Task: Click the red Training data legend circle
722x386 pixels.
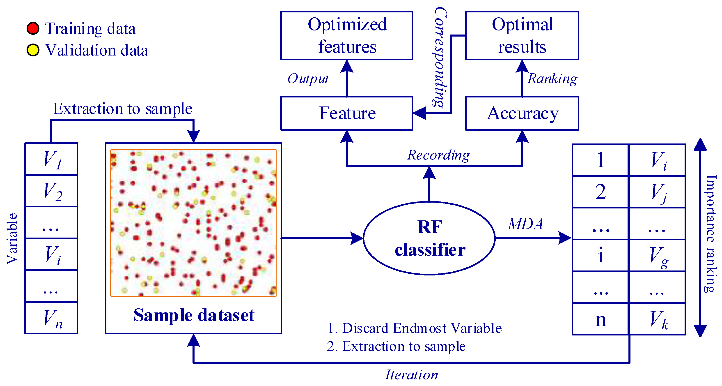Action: click(x=33, y=28)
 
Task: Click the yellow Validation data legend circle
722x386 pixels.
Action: click(x=33, y=50)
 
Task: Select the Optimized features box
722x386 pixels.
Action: click(x=346, y=35)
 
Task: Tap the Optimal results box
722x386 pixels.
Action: click(x=522, y=35)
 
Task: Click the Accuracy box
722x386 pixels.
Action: click(x=522, y=113)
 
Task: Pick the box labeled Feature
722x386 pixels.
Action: click(x=346, y=113)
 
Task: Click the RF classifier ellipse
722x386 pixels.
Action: click(x=429, y=238)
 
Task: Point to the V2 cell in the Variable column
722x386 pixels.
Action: click(x=51, y=191)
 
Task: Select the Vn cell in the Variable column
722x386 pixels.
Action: click(x=51, y=318)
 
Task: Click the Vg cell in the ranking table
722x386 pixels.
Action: click(x=658, y=255)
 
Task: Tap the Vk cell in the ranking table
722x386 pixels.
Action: click(x=658, y=319)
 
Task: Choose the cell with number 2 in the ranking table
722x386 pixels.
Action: click(x=600, y=192)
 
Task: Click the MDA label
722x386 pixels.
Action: click(x=525, y=224)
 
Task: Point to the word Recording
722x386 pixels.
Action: click(x=438, y=155)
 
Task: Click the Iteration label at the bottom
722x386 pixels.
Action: click(x=411, y=375)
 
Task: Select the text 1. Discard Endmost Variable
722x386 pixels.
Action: click(x=414, y=328)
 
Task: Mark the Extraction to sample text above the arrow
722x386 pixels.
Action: click(x=122, y=109)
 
